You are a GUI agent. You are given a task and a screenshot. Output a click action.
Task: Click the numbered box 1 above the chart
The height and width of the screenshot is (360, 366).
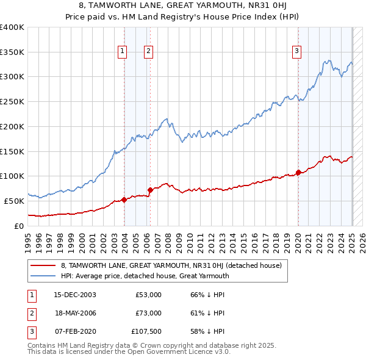click(123, 51)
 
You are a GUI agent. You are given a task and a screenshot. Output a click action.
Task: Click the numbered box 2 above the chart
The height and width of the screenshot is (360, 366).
click(148, 51)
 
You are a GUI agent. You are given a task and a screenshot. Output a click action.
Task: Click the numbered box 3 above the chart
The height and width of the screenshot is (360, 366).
click(296, 51)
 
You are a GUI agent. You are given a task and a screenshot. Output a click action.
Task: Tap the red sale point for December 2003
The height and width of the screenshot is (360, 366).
click(124, 199)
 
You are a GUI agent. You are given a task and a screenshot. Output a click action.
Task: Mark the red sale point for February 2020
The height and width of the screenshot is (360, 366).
click(298, 172)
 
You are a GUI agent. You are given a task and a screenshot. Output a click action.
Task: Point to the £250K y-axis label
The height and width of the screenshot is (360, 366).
click(12, 102)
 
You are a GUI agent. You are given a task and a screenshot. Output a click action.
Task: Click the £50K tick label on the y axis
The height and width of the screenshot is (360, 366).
click(14, 201)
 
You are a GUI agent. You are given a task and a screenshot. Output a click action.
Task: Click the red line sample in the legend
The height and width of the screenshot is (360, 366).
click(43, 265)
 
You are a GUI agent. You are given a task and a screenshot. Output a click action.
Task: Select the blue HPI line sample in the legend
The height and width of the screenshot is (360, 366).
click(43, 276)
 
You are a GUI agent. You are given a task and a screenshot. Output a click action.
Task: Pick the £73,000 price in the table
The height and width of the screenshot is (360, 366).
click(148, 313)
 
